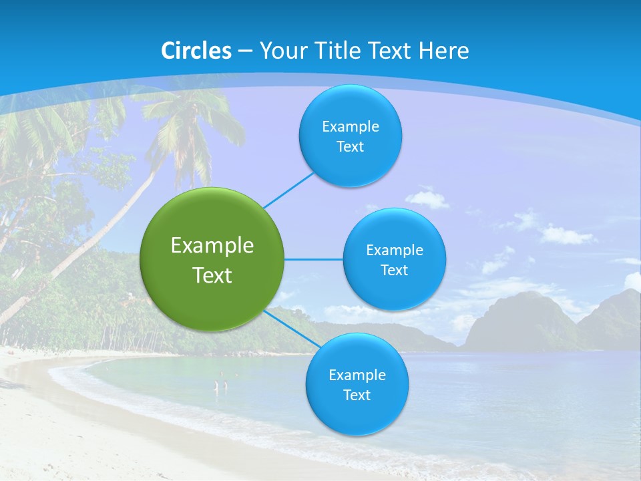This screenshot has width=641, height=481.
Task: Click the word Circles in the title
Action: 196,51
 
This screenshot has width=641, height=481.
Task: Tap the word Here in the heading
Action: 443,51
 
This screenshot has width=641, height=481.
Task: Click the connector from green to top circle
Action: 289,190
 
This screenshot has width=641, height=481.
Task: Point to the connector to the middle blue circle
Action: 313,259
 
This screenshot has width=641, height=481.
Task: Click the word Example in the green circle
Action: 212,246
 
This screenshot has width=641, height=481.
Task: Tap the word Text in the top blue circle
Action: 351,147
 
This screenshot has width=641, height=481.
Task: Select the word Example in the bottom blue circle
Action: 357,375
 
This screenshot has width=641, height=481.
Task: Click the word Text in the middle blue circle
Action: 394,271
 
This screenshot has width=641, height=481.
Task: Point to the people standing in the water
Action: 220,385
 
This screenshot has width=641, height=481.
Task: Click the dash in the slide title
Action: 245,51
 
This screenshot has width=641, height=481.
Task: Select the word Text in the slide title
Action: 389,51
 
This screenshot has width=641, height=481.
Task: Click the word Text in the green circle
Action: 212,275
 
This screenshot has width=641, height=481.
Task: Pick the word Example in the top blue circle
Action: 351,127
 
